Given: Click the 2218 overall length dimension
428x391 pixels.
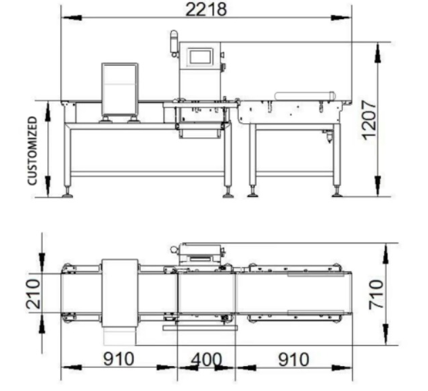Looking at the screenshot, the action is point(206,9).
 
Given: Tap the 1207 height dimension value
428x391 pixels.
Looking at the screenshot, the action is point(369,120).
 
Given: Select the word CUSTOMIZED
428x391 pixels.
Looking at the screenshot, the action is point(32,151).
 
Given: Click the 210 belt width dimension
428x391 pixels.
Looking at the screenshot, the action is point(33,294).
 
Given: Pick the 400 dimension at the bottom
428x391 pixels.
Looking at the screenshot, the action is point(206,359).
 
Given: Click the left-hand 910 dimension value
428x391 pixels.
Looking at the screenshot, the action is point(119,359).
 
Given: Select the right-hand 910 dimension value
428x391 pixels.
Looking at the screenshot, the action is point(293,359).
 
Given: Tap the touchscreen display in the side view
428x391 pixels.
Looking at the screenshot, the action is point(200,57).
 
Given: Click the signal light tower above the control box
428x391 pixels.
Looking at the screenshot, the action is point(174,44).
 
